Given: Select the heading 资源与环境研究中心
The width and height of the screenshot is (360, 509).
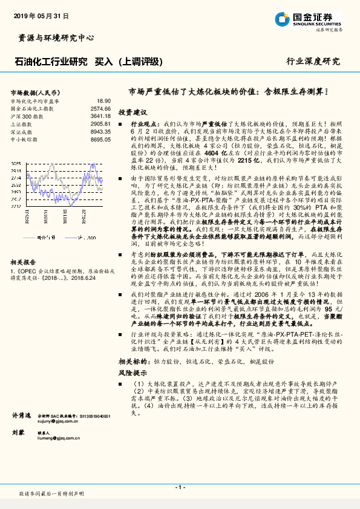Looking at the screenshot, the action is click(x=53, y=37).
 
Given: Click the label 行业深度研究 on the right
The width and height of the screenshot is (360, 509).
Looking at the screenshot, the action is click(x=313, y=62).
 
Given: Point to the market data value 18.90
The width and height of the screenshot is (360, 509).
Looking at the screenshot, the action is click(x=103, y=101).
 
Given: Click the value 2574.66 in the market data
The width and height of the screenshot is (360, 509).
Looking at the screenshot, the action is click(x=100, y=108).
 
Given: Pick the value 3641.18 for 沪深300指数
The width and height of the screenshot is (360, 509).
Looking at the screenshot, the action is click(x=100, y=115).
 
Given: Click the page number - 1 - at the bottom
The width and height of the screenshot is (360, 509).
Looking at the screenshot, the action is click(x=180, y=487).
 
